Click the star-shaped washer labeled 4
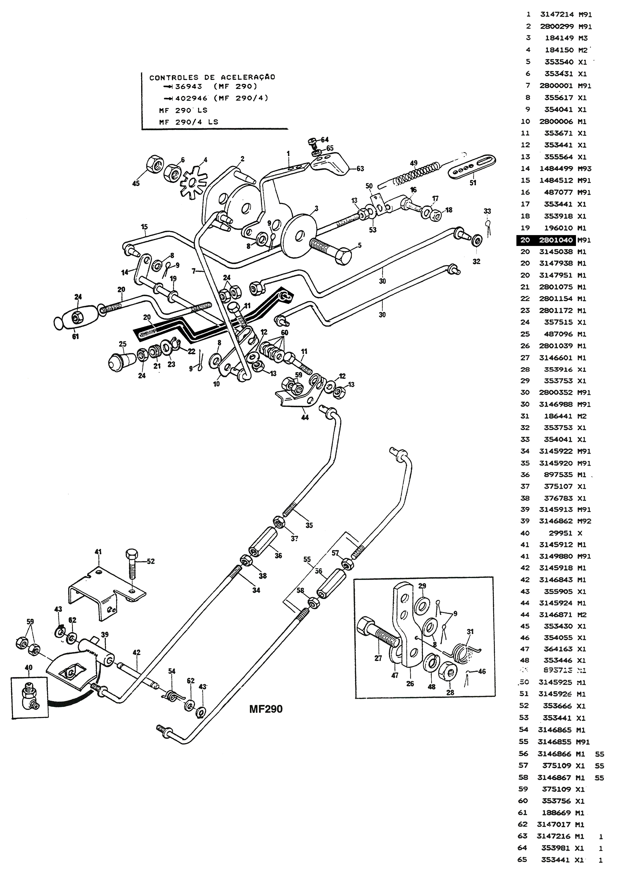click(x=192, y=181)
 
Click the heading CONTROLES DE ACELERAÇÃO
click(x=212, y=77)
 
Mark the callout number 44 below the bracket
click(x=305, y=417)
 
